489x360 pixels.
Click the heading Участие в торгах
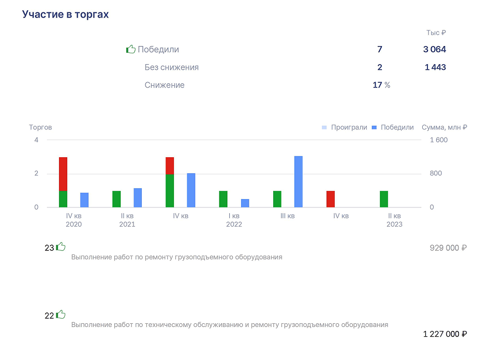[65, 14]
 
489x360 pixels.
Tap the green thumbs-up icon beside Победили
[131, 49]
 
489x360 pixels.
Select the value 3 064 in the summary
[435, 49]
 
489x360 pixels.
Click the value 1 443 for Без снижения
[435, 67]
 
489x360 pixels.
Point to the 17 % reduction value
[381, 85]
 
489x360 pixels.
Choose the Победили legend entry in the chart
[393, 127]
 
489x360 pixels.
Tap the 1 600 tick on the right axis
[438, 140]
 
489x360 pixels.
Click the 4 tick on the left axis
[37, 140]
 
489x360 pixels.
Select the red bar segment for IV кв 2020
[63, 174]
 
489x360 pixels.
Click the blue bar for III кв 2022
[299, 182]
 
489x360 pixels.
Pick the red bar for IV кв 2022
[331, 199]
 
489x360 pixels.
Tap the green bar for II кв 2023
[384, 199]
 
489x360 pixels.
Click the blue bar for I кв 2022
[245, 203]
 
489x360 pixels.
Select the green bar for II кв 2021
[116, 199]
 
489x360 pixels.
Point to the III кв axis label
[288, 216]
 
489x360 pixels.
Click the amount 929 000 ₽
[448, 248]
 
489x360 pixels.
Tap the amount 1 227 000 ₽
[445, 334]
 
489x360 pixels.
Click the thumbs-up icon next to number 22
[61, 314]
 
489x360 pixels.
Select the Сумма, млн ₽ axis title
[444, 127]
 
